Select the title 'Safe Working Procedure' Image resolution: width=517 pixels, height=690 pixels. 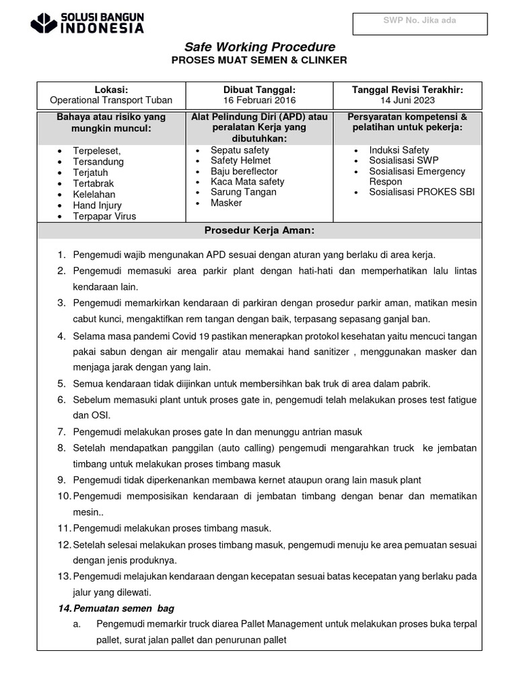coord(260,46)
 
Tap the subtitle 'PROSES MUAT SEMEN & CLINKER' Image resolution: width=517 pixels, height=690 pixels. coord(260,61)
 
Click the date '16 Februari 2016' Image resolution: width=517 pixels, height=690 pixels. coord(259,100)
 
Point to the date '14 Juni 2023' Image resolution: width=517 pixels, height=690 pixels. coord(407,100)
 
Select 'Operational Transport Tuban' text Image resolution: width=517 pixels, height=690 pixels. coord(111,100)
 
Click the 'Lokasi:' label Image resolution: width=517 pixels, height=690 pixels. coord(111,90)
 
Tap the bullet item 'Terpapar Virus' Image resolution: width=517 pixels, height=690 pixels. coord(104,216)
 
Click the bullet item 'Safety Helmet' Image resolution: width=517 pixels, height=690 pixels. coord(240,160)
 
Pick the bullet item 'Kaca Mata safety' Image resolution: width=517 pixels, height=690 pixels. coord(247,181)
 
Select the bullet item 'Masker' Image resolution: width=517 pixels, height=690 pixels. coord(226,202)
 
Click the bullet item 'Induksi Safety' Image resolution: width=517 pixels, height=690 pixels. coord(399,150)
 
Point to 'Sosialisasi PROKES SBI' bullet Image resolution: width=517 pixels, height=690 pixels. coord(421,192)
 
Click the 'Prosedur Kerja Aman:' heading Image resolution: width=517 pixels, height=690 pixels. coord(259,231)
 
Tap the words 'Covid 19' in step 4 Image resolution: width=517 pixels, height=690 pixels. coord(189,336)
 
